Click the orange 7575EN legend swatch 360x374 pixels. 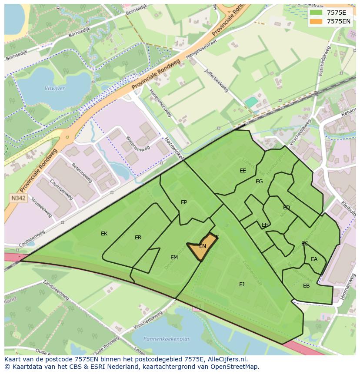pos(317,21)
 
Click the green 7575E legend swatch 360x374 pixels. pos(317,13)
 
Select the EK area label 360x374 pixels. pos(104,234)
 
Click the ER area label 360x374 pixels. pos(138,238)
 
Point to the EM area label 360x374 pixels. pos(174,258)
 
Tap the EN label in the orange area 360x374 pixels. pos(202,246)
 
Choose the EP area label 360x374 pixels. pos(184,202)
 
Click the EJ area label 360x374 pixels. pos(242,285)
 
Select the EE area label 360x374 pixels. pos(243,171)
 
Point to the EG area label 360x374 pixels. pos(259,182)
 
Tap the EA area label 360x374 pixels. pos(314,259)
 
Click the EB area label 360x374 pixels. pos(307,286)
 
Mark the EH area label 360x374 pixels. pos(265,225)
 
